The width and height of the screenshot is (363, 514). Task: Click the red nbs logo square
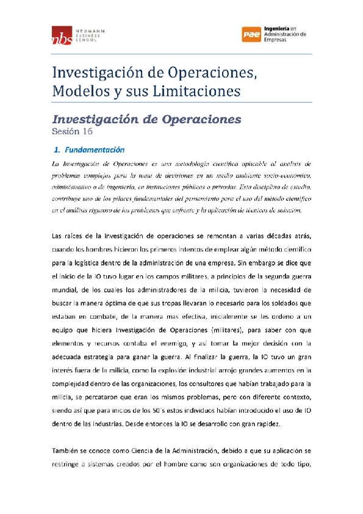click(x=60, y=35)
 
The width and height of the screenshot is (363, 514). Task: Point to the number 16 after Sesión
click(x=88, y=131)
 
